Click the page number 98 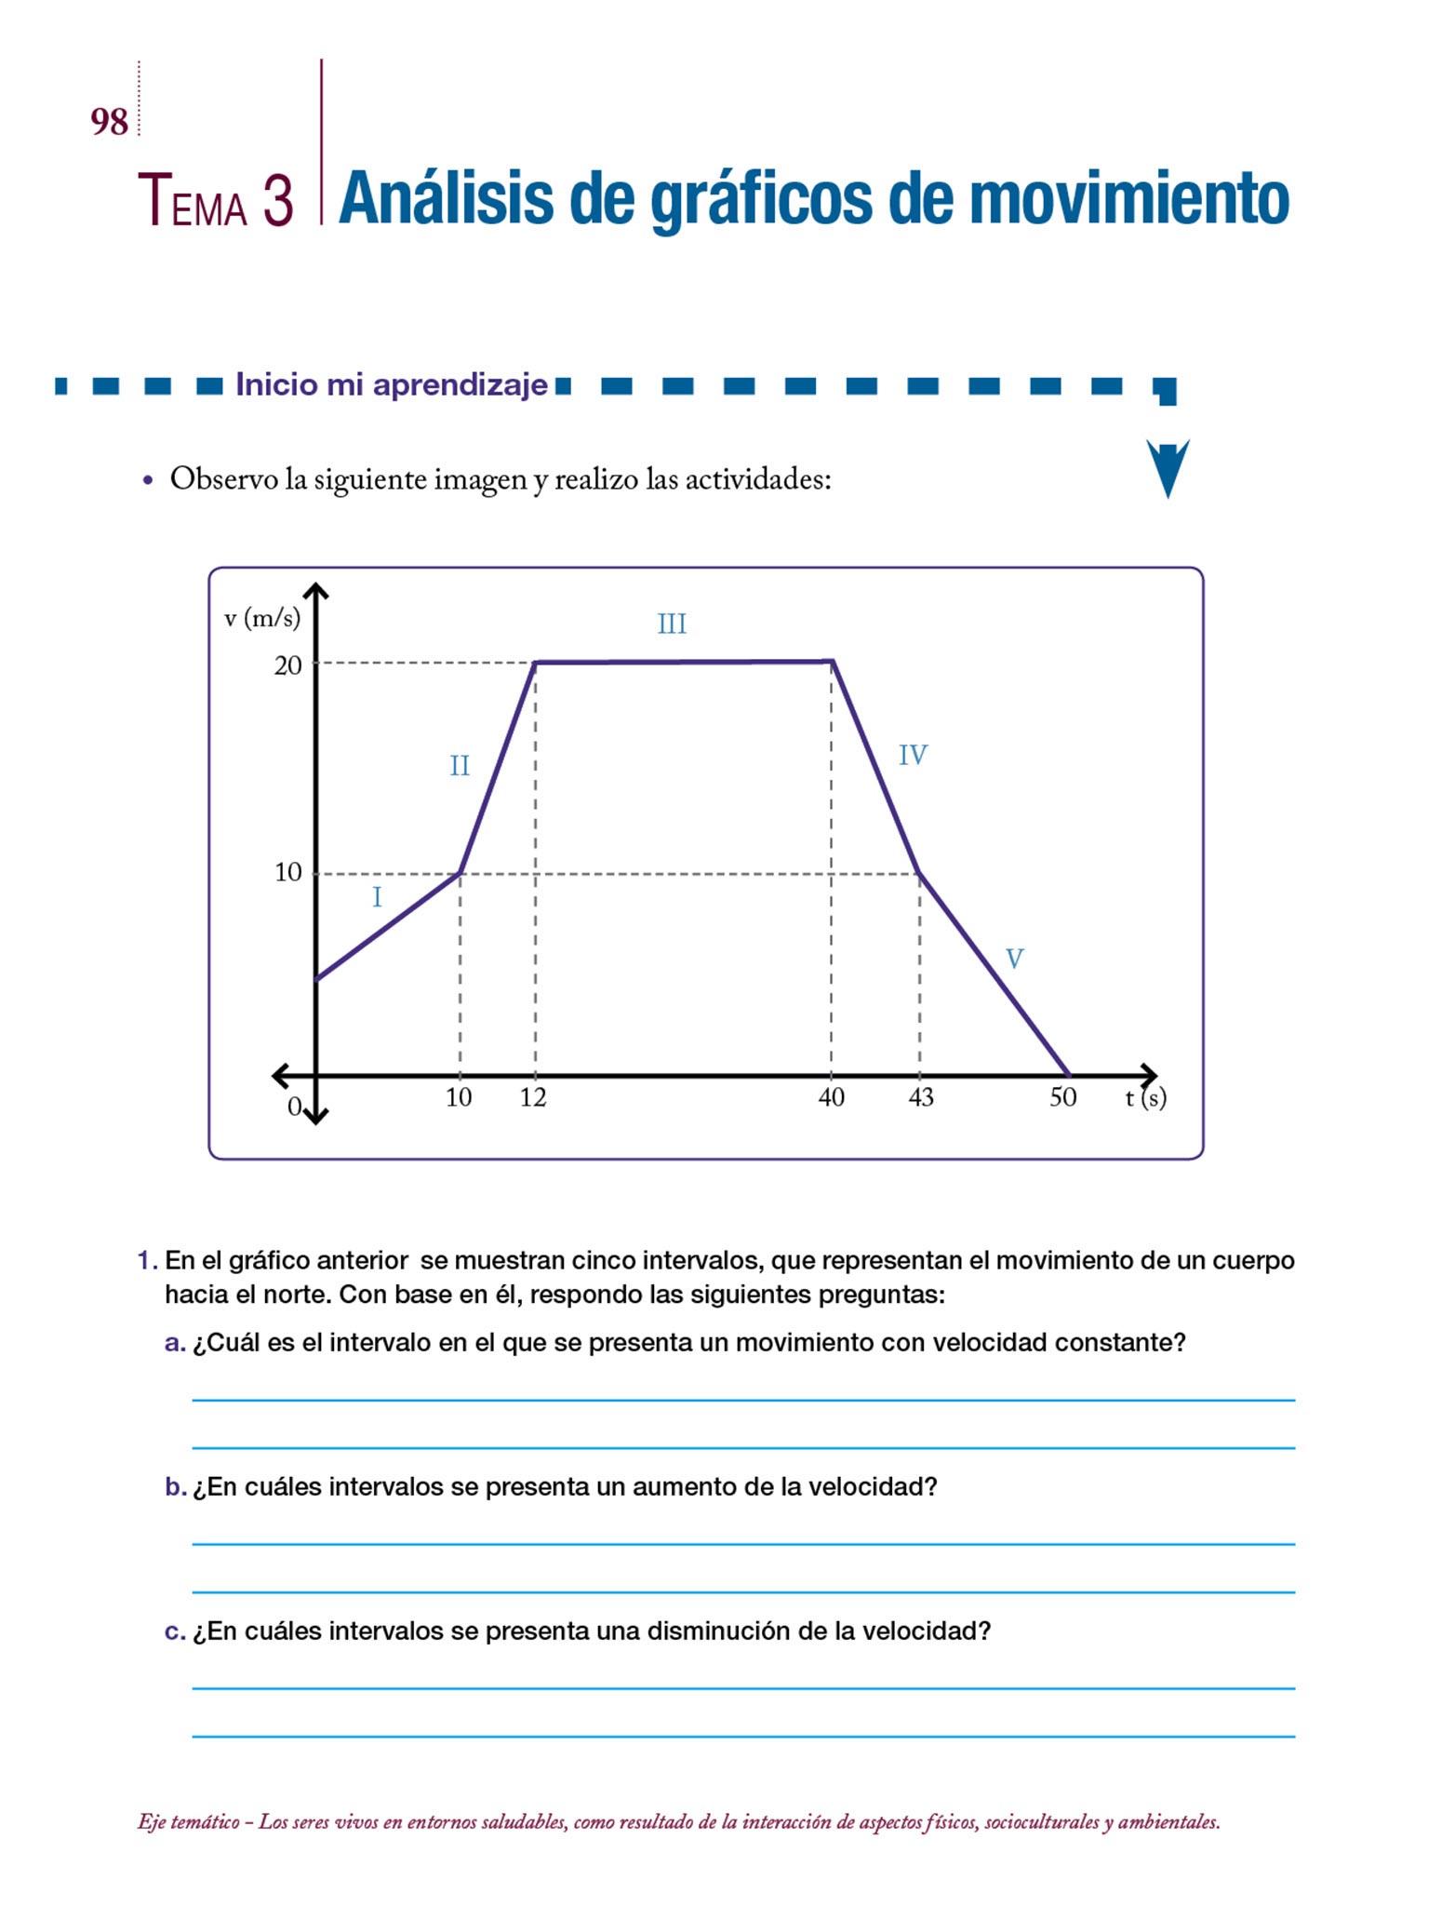point(109,122)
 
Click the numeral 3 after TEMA point(277,200)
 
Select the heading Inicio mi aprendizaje point(392,384)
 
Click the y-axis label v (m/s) point(261,617)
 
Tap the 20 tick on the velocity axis point(287,665)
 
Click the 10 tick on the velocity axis point(287,873)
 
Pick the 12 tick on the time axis point(533,1098)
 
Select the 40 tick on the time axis point(831,1098)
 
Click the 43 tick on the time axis point(920,1098)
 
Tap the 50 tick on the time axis point(1062,1098)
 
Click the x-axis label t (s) point(1145,1098)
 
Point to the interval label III point(672,624)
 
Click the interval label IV point(913,755)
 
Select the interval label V point(1014,959)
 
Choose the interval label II point(460,766)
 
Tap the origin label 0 point(294,1107)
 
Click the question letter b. point(175,1487)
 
